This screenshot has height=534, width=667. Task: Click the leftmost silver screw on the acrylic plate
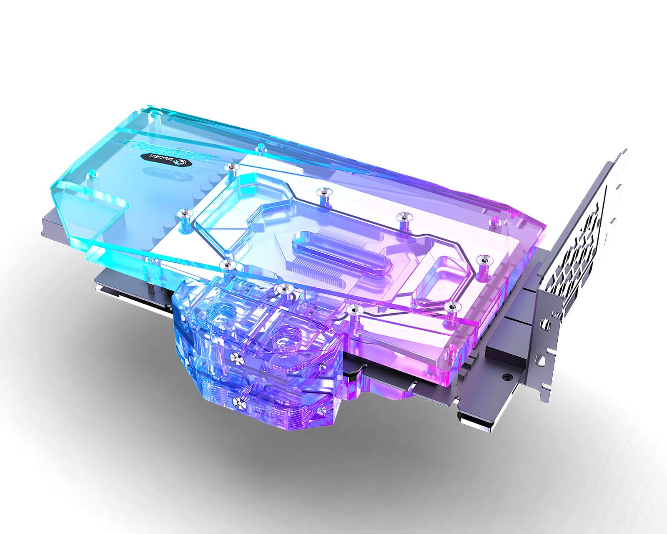[183, 214]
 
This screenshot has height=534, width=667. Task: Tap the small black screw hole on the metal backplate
[507, 376]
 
